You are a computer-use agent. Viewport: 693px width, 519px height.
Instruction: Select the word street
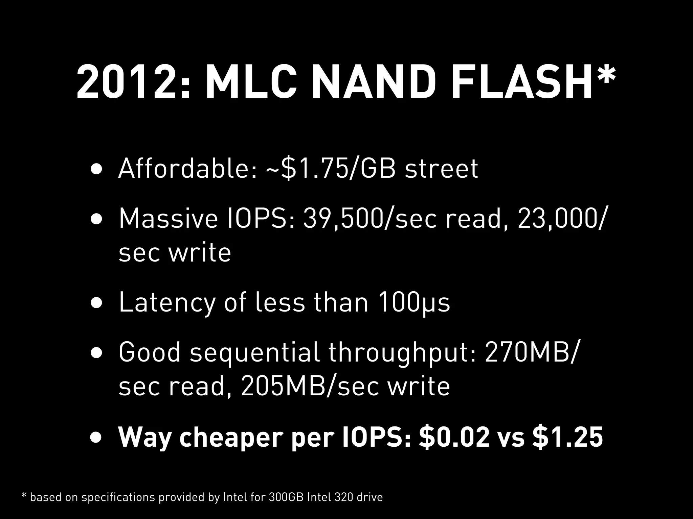click(442, 169)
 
